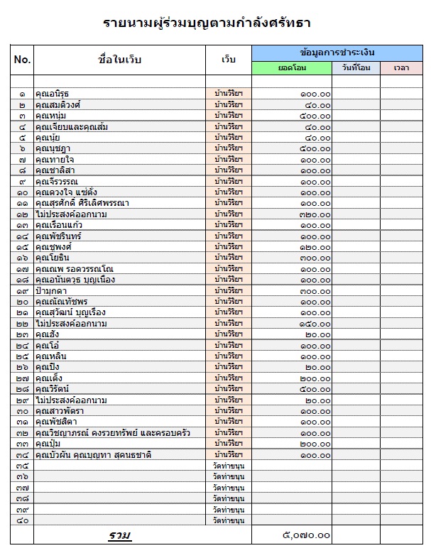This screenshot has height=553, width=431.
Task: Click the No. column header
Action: (x=22, y=60)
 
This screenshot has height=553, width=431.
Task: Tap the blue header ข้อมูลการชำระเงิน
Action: (x=337, y=53)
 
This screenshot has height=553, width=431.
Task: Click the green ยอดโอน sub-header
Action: (x=291, y=67)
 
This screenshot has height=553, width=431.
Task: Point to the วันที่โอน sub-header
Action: (x=355, y=67)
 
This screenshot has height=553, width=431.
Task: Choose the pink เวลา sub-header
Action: (x=401, y=67)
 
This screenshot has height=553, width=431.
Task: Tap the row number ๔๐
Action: (x=22, y=521)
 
